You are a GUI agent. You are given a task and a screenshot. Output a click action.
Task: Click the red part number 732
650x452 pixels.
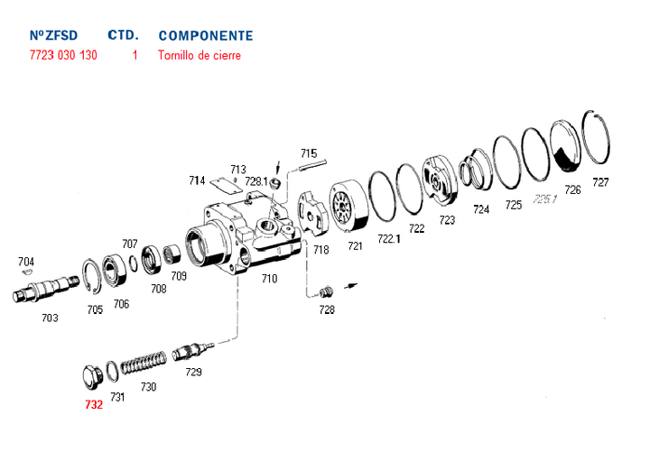(x=94, y=405)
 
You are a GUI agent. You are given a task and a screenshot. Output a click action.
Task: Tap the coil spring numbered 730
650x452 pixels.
(x=144, y=365)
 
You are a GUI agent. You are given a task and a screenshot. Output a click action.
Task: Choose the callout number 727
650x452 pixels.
(x=600, y=182)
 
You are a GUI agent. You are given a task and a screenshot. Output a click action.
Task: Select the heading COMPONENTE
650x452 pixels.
(x=205, y=36)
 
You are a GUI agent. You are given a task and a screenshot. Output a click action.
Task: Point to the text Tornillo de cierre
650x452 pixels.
(x=200, y=55)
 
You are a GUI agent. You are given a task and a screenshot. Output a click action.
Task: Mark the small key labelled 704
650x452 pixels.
(x=26, y=272)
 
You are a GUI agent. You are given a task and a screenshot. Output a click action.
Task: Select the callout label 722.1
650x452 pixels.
(x=388, y=239)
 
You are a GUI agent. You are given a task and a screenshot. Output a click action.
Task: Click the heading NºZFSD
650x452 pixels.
(x=53, y=36)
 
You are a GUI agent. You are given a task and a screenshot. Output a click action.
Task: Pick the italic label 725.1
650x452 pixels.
(x=544, y=198)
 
